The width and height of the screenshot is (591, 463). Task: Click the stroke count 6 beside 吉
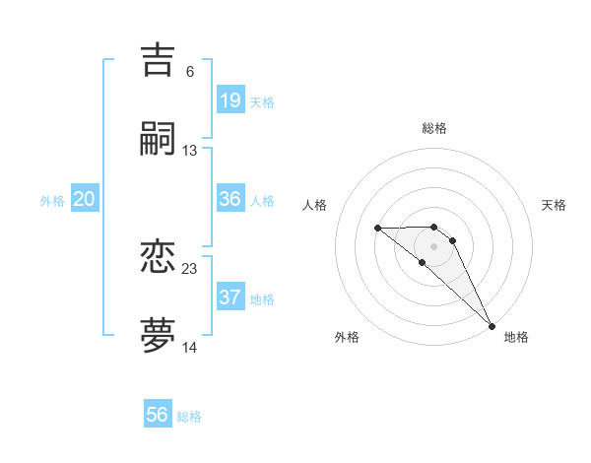pyautogui.click(x=190, y=72)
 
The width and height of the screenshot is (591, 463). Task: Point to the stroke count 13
pyautogui.click(x=190, y=151)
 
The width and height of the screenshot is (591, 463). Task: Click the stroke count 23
pyautogui.click(x=190, y=269)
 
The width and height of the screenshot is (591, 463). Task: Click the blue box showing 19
pyautogui.click(x=230, y=100)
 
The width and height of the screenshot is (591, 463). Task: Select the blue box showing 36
pyautogui.click(x=230, y=199)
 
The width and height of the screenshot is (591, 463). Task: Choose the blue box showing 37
pyautogui.click(x=230, y=298)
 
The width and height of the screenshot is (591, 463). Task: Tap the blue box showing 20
pyautogui.click(x=85, y=199)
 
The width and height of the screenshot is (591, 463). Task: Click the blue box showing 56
pyautogui.click(x=158, y=415)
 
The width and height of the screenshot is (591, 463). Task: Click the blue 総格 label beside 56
pyautogui.click(x=189, y=417)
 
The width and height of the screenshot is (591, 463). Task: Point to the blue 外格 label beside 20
pyautogui.click(x=52, y=201)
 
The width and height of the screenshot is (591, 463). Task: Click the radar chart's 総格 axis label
pyautogui.click(x=434, y=128)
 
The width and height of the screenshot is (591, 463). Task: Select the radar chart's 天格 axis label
pyautogui.click(x=555, y=205)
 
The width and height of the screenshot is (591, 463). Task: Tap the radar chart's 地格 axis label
pyautogui.click(x=516, y=337)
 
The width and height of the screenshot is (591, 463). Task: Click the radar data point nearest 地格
pyautogui.click(x=492, y=325)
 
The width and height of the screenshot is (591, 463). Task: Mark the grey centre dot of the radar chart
pyautogui.click(x=433, y=245)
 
